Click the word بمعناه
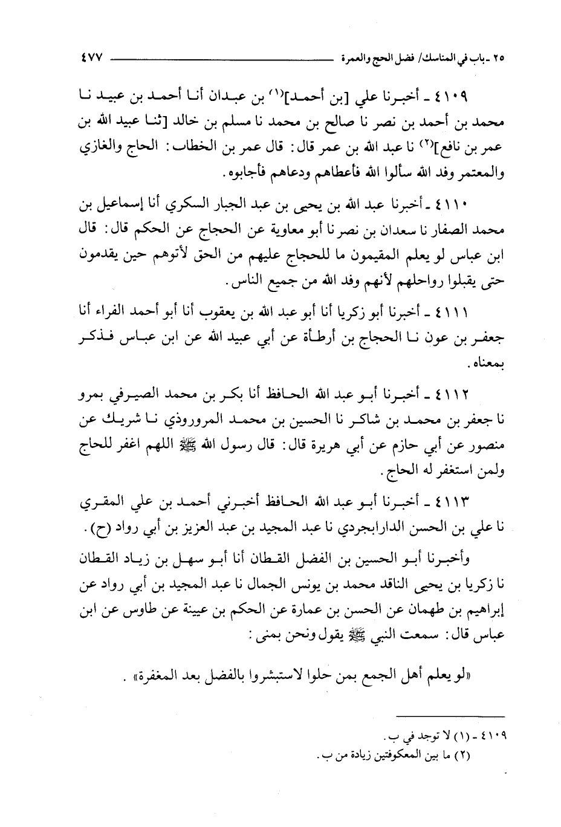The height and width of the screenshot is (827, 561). pos(486,365)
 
